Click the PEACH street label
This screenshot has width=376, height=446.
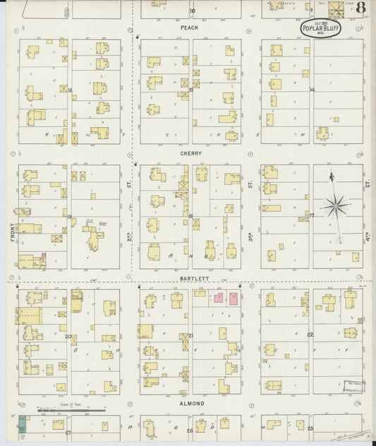pyautogui.click(x=190, y=28)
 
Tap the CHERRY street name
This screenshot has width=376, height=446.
pyautogui.click(x=190, y=153)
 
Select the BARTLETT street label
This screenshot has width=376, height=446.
pyautogui.click(x=190, y=279)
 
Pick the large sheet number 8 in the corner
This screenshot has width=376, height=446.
pyautogui.click(x=360, y=8)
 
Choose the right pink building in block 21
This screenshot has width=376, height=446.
pyautogui.click(x=233, y=299)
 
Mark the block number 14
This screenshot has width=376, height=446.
pyautogui.click(x=311, y=90)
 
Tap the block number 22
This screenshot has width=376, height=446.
pyautogui.click(x=310, y=335)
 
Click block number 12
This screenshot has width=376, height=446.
pyautogui.click(x=71, y=90)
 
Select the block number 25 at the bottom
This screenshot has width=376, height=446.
pyautogui.click(x=310, y=428)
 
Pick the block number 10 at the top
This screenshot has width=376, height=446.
pyautogui.click(x=190, y=11)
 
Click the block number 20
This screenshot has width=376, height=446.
pyautogui.click(x=69, y=336)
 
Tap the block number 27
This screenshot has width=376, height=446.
pyautogui.click(x=68, y=430)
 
